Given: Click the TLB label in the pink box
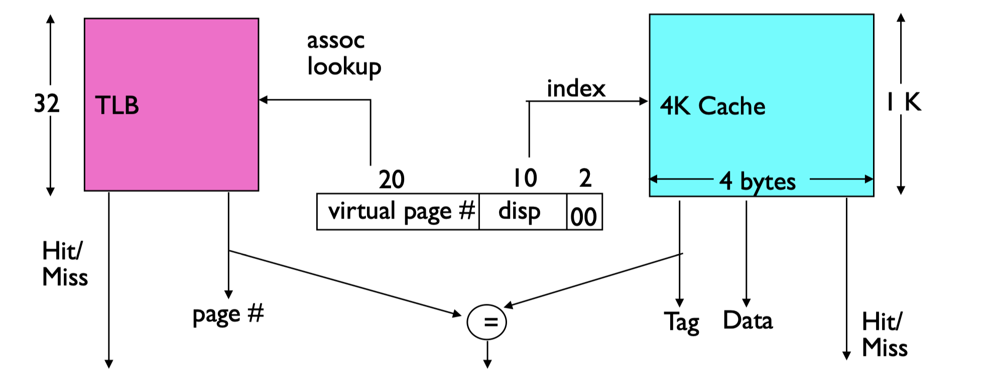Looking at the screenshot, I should (116, 106).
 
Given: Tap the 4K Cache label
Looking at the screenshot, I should (712, 106).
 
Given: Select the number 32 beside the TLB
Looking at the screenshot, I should (46, 104).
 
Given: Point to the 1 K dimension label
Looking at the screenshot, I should (903, 102).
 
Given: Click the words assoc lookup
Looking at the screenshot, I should (343, 54).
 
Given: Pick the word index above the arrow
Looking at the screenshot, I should (576, 89).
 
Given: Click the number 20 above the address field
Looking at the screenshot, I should (392, 179).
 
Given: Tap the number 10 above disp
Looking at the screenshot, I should (525, 178).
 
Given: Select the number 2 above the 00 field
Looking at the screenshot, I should (585, 178).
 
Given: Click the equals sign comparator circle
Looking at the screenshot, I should (486, 322).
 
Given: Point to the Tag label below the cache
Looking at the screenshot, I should (682, 322).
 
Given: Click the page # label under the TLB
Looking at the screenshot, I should (228, 315).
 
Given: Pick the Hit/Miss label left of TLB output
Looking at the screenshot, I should (65, 264).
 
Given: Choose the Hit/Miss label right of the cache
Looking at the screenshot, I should (884, 334).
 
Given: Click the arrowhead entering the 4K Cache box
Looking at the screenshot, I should (644, 101).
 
